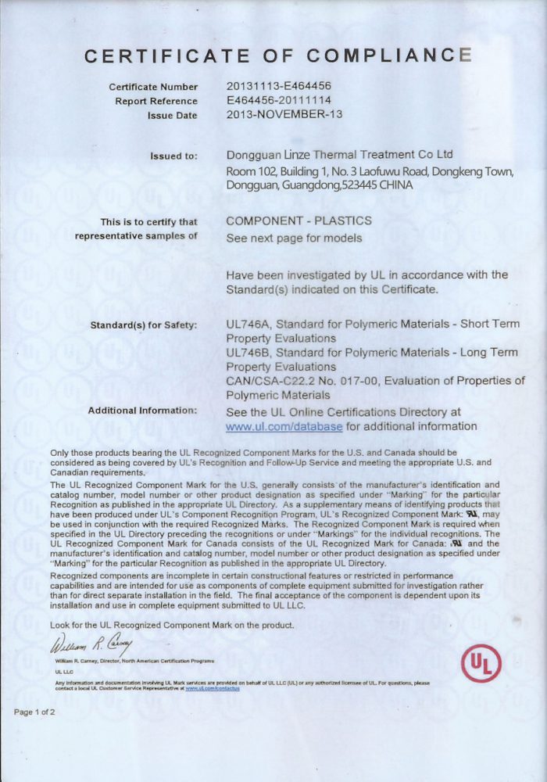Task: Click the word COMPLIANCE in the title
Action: pos(389,56)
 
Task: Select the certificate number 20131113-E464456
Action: pos(279,87)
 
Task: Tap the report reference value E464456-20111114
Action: pos(279,101)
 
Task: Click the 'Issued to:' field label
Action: pos(173,156)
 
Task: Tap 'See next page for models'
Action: pos(294,238)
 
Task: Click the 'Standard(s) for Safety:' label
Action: pos(144,325)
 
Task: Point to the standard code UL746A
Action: pos(248,324)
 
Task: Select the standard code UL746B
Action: pos(248,353)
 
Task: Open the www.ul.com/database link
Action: pos(284,426)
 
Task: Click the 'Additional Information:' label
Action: pos(142,411)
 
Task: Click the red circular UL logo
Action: pos(480,664)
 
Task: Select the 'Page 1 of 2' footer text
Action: pos(34,712)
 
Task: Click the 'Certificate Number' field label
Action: pos(153,87)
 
